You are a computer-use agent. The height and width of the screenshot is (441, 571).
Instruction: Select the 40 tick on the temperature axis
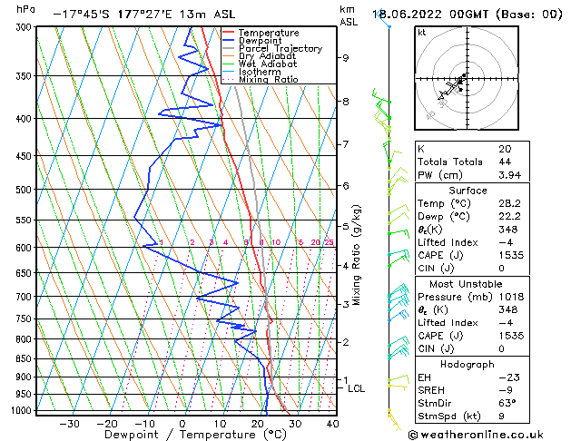(332, 423)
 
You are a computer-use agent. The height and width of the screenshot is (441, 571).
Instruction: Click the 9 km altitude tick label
(346, 58)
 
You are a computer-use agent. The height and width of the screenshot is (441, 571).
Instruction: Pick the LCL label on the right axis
(357, 388)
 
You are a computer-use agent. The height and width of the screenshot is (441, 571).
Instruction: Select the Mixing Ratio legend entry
(268, 79)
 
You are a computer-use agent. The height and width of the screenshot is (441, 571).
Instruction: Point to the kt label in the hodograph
(421, 32)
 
